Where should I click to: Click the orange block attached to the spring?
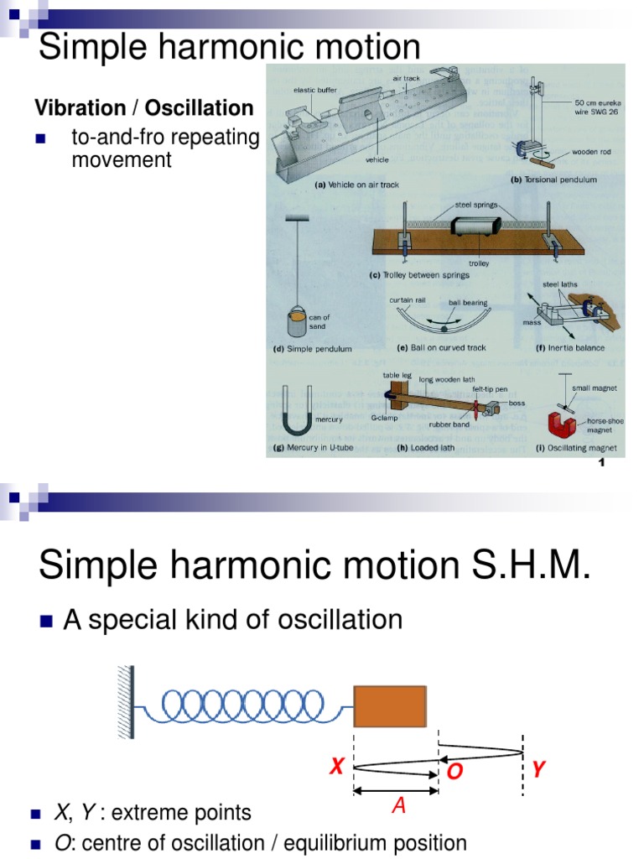[389, 705]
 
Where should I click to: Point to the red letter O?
[454, 773]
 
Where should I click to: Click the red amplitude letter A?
[399, 807]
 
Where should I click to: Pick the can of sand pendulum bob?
[299, 323]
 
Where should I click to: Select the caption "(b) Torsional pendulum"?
[553, 180]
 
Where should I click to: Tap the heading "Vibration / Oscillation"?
[143, 108]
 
